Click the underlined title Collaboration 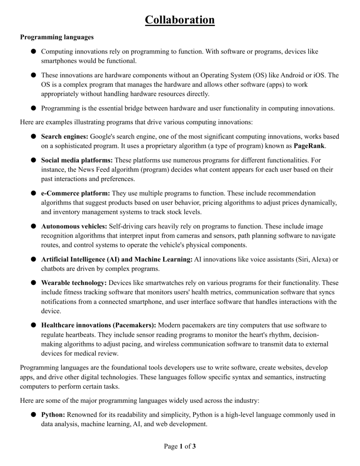[180, 20]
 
